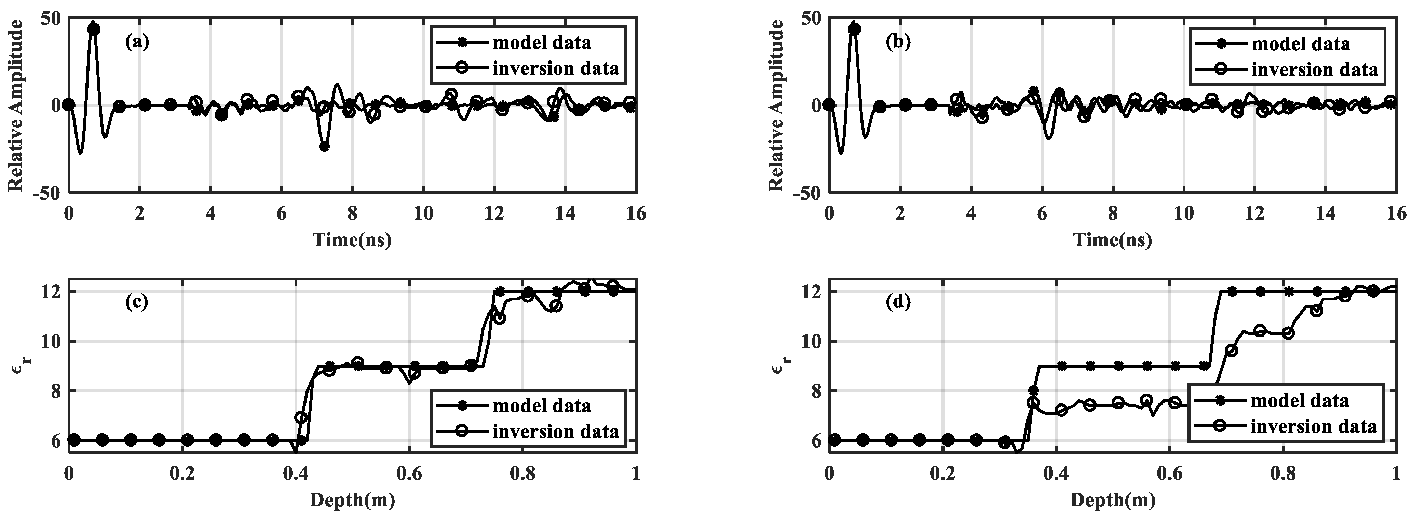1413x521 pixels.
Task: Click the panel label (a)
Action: [137, 42]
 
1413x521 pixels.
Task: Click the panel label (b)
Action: [898, 42]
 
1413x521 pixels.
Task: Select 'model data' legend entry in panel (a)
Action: [541, 42]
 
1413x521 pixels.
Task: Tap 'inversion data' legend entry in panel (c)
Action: [555, 431]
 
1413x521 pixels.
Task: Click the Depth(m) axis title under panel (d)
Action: [1112, 499]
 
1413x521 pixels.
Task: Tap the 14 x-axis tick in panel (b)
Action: [1326, 213]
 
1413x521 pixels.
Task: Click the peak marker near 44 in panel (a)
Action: [94, 29]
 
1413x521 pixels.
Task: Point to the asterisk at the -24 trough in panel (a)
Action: [324, 147]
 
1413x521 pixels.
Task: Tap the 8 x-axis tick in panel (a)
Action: [352, 213]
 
